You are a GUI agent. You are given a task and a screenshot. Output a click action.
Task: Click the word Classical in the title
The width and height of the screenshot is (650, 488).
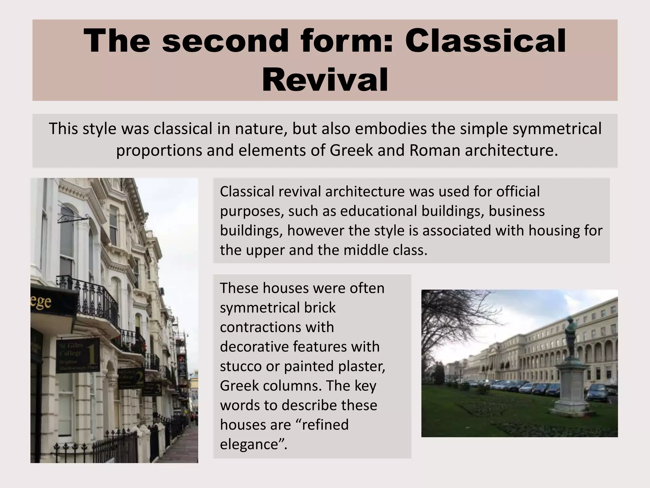485,41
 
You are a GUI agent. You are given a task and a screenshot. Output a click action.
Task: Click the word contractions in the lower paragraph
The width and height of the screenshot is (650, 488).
277,327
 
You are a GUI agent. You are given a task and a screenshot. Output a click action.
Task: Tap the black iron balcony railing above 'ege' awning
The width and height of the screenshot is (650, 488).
89,295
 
